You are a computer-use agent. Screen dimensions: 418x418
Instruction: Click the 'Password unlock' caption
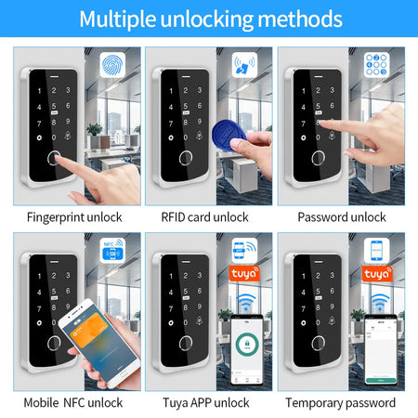[x=341, y=216]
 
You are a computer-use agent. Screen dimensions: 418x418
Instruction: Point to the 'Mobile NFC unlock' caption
[x=74, y=402]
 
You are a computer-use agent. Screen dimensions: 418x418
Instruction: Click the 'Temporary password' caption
[x=341, y=402]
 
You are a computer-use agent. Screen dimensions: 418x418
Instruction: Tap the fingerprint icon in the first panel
[x=111, y=67]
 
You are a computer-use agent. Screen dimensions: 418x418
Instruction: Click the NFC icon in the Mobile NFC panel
[x=111, y=253]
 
